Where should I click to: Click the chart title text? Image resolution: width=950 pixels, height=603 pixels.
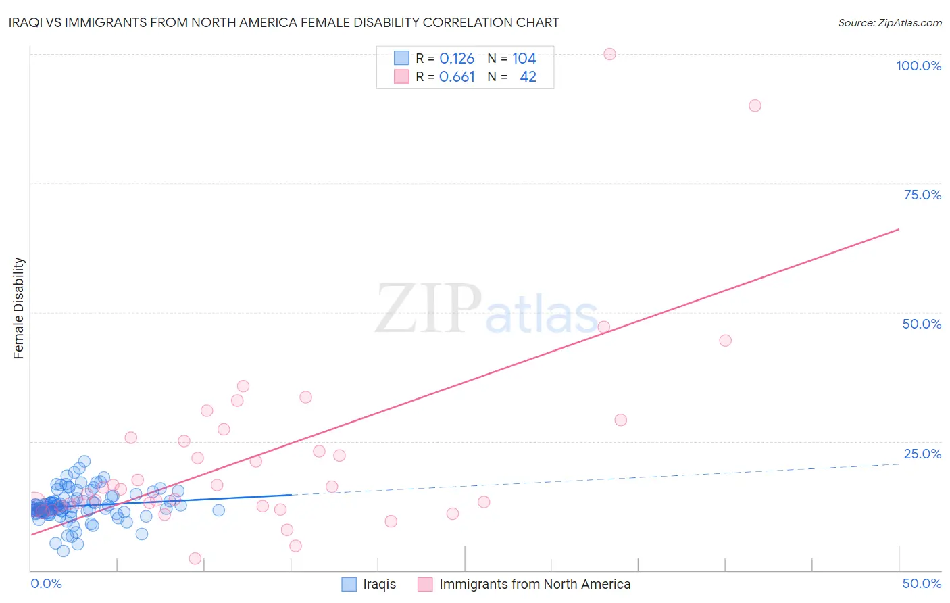point(284,22)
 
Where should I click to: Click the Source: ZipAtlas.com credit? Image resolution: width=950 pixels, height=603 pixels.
point(889,22)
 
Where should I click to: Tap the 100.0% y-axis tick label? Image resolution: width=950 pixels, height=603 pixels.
point(918,66)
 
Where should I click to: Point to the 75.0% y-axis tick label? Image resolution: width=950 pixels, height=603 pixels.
point(922,195)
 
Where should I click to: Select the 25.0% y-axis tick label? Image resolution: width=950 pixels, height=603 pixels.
point(922,454)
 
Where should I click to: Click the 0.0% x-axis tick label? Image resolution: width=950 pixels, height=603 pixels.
point(46,583)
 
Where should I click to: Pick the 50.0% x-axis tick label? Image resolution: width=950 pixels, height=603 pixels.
point(922,583)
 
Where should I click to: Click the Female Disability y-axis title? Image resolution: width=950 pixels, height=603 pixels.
point(19,308)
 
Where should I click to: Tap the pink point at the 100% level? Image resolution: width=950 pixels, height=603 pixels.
point(609,54)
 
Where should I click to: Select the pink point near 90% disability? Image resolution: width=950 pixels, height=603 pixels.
point(755,105)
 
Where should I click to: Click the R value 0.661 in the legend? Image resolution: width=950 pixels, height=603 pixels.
point(457,77)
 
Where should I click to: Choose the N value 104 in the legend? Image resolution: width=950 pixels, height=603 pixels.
point(524,59)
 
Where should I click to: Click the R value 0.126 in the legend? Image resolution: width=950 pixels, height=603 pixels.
point(457,59)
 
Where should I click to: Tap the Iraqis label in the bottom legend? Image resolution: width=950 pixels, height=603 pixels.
point(379,584)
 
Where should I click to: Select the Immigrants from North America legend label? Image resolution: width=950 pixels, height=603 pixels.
point(534,584)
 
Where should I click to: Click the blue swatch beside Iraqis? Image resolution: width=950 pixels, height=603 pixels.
point(349,584)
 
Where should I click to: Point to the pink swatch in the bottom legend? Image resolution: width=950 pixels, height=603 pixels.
point(425,584)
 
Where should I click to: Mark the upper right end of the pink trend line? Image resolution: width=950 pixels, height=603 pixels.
point(899,229)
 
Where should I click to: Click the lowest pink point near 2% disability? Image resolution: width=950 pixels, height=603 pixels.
point(195,558)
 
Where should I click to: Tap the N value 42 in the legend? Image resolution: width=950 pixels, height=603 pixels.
point(528,77)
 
